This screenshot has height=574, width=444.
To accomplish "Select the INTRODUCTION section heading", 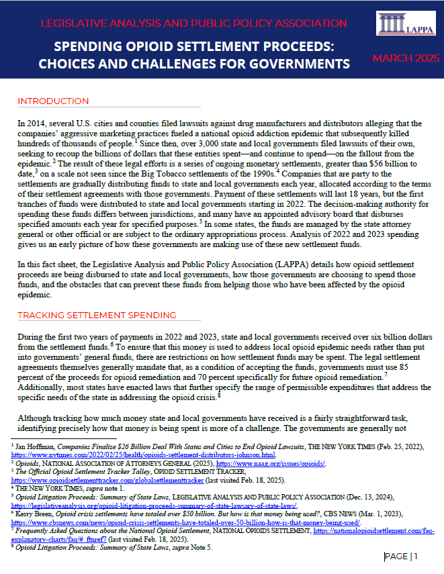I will (53, 101).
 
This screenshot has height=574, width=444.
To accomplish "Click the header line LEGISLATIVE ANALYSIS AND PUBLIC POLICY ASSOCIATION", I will (193, 24).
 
